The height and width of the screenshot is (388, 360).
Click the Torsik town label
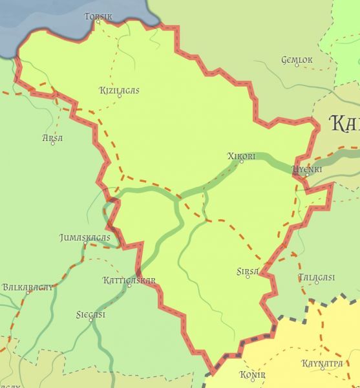coord(98,16)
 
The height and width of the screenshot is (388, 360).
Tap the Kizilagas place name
coord(119,91)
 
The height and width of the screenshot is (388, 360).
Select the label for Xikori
coord(242,156)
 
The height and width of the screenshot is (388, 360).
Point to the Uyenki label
coord(307,169)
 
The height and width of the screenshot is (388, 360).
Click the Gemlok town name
coord(297,60)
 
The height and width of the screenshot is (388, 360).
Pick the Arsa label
coord(52,138)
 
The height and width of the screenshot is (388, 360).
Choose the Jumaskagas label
coord(85,237)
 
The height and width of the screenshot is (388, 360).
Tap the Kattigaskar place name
coord(129,280)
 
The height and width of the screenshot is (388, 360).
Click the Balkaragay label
coord(27,286)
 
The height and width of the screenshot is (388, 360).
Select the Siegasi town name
coord(90,314)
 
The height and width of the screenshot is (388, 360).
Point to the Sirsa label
coord(248,272)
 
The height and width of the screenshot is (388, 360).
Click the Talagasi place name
coord(317,277)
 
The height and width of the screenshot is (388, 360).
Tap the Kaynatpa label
coord(322,363)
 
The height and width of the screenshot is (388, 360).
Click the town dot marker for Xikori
coord(242,162)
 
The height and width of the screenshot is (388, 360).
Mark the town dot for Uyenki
coord(308,175)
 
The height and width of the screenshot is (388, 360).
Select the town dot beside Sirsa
coord(248,277)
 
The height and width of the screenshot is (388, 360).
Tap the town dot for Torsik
coord(98,21)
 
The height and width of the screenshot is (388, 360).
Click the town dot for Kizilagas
coord(119,96)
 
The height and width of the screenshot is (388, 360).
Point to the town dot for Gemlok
coord(297,66)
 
